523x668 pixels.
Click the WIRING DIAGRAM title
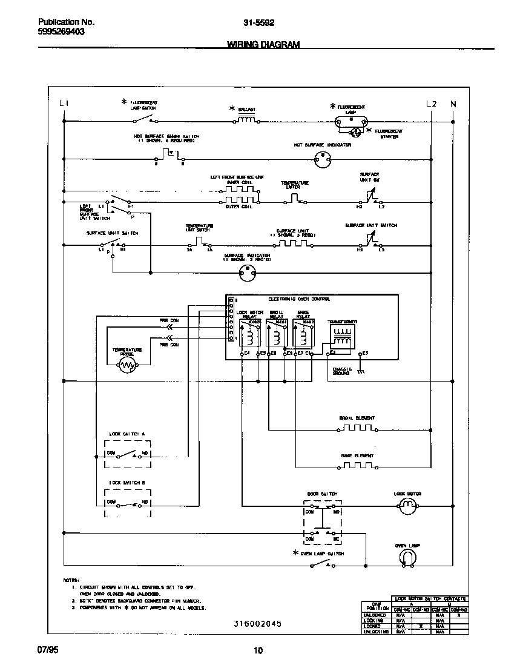tap(263, 45)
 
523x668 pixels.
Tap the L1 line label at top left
tap(64, 104)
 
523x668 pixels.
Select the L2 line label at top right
tap(430, 104)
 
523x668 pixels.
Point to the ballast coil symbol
tap(246, 120)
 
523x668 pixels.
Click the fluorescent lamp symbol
tap(351, 121)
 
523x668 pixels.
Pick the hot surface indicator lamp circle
tap(323, 159)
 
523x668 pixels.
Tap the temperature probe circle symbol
tap(127, 365)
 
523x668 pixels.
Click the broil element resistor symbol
tap(357, 428)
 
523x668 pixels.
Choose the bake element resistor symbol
tap(357, 466)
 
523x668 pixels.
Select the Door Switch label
tap(322, 494)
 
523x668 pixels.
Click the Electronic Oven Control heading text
tap(299, 299)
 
